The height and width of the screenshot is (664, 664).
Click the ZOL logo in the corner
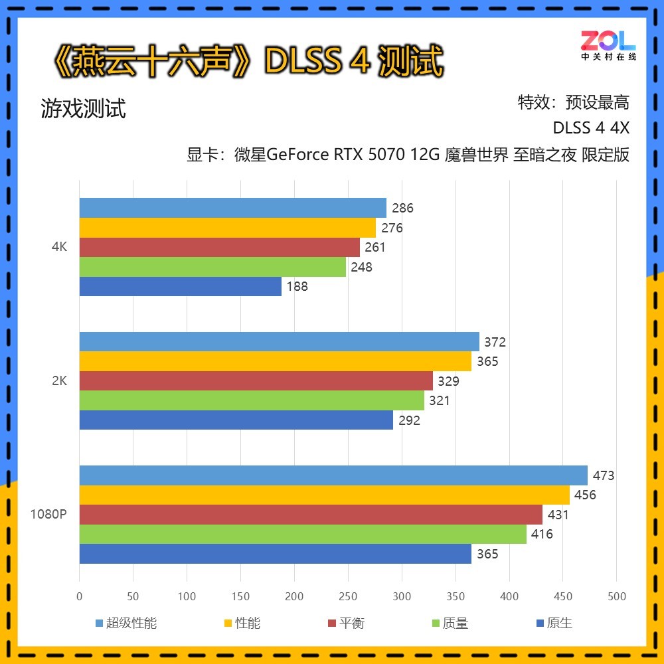608,45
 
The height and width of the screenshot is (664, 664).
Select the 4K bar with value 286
232,208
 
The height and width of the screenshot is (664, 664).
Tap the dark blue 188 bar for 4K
180,287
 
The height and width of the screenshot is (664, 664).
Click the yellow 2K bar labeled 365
275,361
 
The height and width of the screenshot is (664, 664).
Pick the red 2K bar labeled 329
256,381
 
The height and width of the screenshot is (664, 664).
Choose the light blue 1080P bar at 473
333,475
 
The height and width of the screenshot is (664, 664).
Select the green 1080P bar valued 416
303,534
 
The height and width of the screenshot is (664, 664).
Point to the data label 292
409,420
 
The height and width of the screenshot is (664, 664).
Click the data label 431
558,515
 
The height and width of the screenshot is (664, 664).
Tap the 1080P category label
48,515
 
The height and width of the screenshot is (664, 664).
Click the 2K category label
59,381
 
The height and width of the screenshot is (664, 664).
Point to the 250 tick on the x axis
348,596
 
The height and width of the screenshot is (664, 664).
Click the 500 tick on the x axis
617,596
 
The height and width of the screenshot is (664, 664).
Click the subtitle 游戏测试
83,108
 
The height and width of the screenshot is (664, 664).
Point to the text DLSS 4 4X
590,127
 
